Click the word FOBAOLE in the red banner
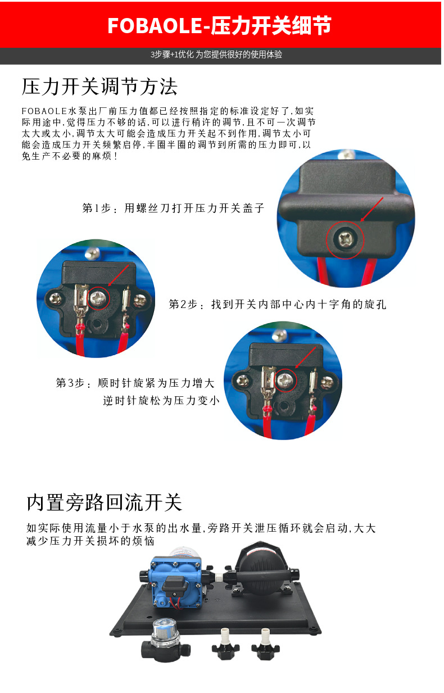click(155, 25)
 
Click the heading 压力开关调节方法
click(99, 87)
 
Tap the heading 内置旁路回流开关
click(105, 502)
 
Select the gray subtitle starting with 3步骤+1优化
click(216, 55)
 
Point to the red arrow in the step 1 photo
click(372, 209)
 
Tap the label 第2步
click(183, 305)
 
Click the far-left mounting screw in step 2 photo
click(56, 299)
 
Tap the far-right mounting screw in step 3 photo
click(327, 382)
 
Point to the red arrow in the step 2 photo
click(119, 275)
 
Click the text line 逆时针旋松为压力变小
click(161, 401)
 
